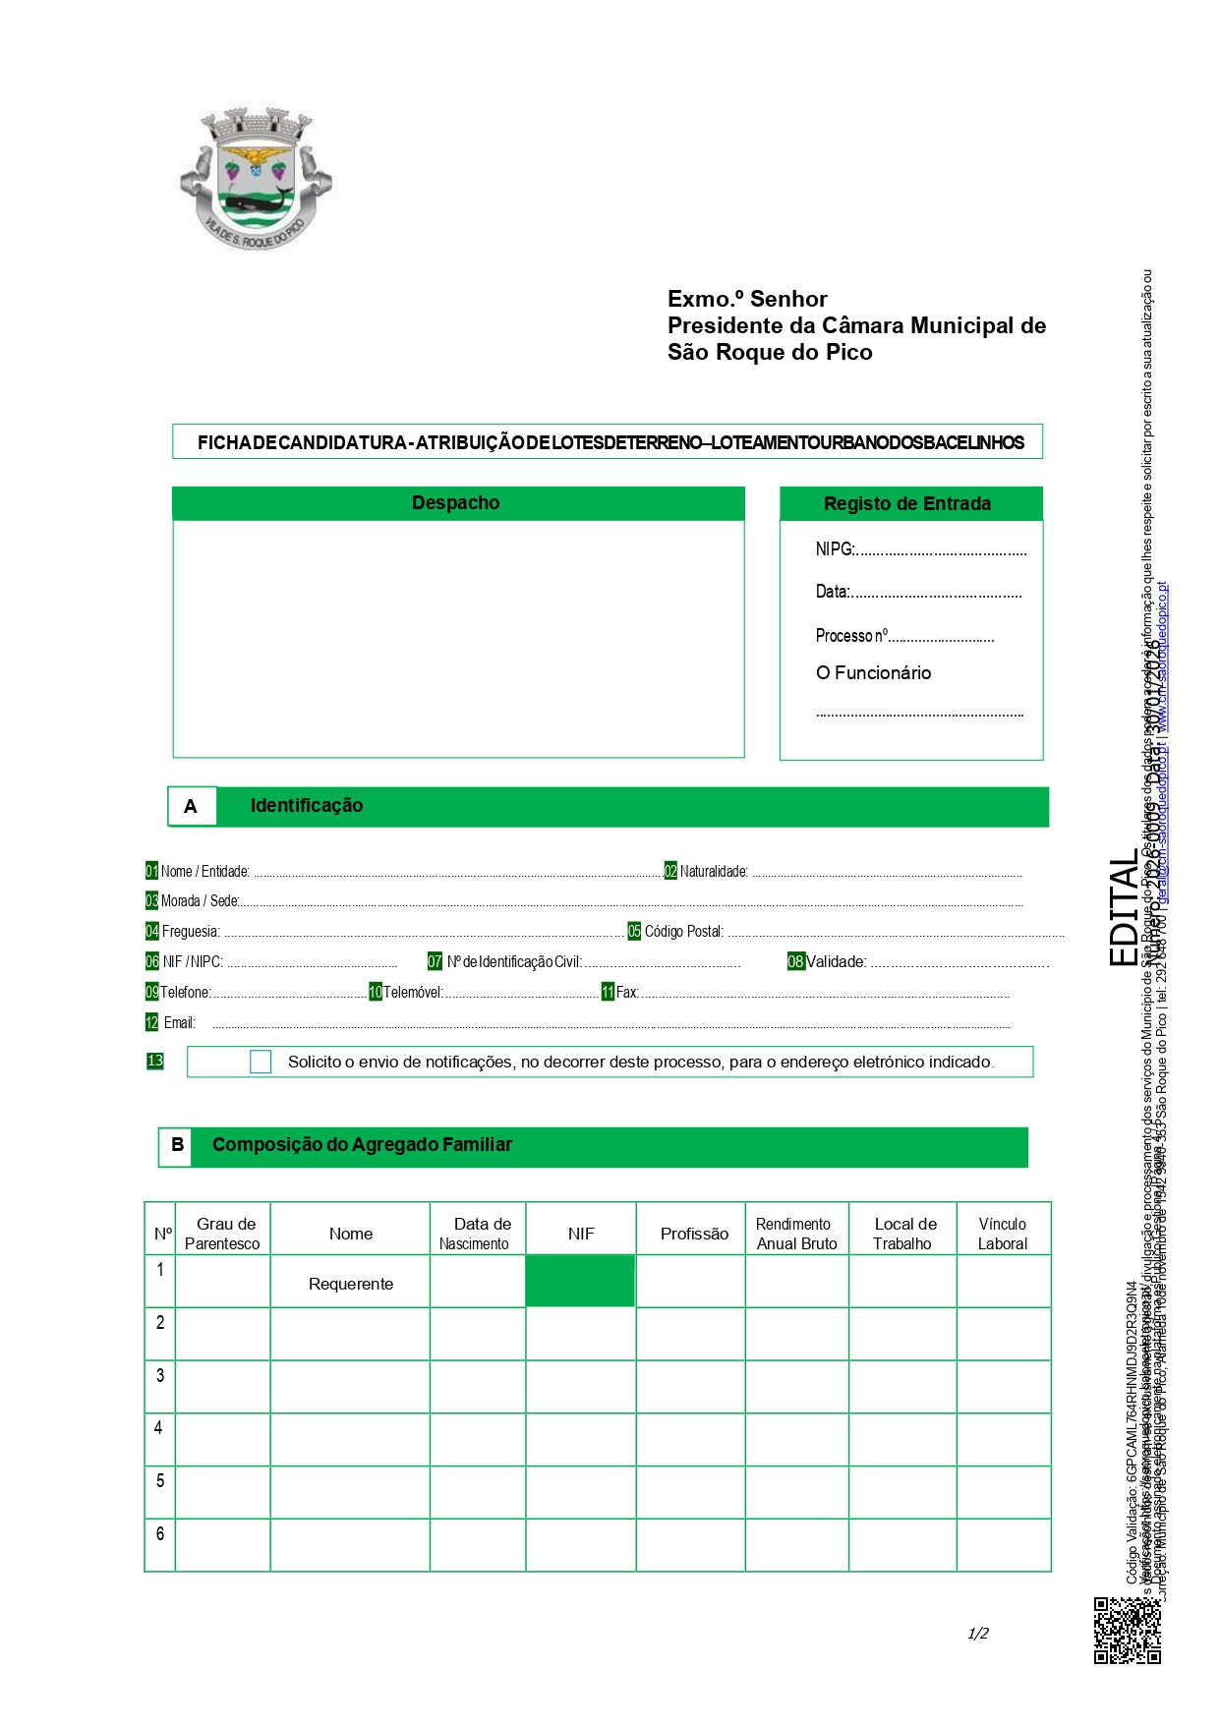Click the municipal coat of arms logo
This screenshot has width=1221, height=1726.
pos(256,178)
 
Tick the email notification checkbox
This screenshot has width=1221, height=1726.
pos(261,1062)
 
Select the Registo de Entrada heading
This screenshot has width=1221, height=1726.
pos(906,504)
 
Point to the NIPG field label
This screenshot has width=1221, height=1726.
pos(835,549)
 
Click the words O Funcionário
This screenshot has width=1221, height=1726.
pos(873,673)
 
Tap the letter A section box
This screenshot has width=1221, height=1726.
pos(192,806)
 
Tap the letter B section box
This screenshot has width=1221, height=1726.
pos(177,1145)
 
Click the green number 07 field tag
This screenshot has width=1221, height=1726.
pos(435,961)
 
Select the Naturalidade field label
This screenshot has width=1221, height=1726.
pos(714,872)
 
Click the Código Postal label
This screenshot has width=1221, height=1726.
pos(684,932)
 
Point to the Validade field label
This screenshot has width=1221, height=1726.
pos(837,962)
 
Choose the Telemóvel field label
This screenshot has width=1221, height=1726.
pos(413,993)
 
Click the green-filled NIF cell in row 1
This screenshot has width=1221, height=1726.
pos(580,1281)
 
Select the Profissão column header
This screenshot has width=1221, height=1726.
pos(694,1234)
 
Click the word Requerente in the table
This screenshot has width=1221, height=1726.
pos(351,1284)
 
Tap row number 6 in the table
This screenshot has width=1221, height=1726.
pos(160,1533)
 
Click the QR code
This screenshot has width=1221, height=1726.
pos(1127,1631)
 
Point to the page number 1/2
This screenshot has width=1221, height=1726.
pos(978,1634)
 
